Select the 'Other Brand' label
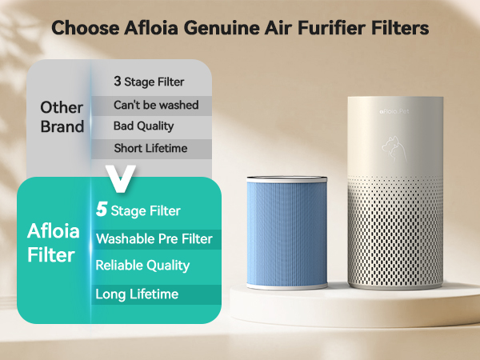(x=62, y=117)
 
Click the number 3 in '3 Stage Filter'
(x=118, y=81)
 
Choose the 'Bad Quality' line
(x=143, y=126)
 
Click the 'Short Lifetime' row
(x=150, y=147)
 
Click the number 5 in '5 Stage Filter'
(x=102, y=210)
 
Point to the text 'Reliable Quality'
(x=142, y=265)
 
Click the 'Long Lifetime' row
(x=137, y=294)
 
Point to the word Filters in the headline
(x=401, y=28)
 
